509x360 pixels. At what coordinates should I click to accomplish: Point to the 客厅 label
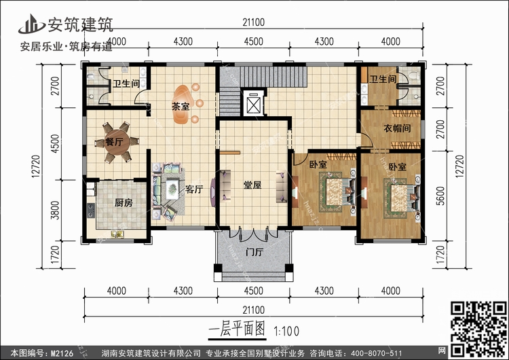(194, 190)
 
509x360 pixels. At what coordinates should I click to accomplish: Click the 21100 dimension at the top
(252, 22)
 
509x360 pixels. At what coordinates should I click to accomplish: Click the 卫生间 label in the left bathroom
(125, 84)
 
